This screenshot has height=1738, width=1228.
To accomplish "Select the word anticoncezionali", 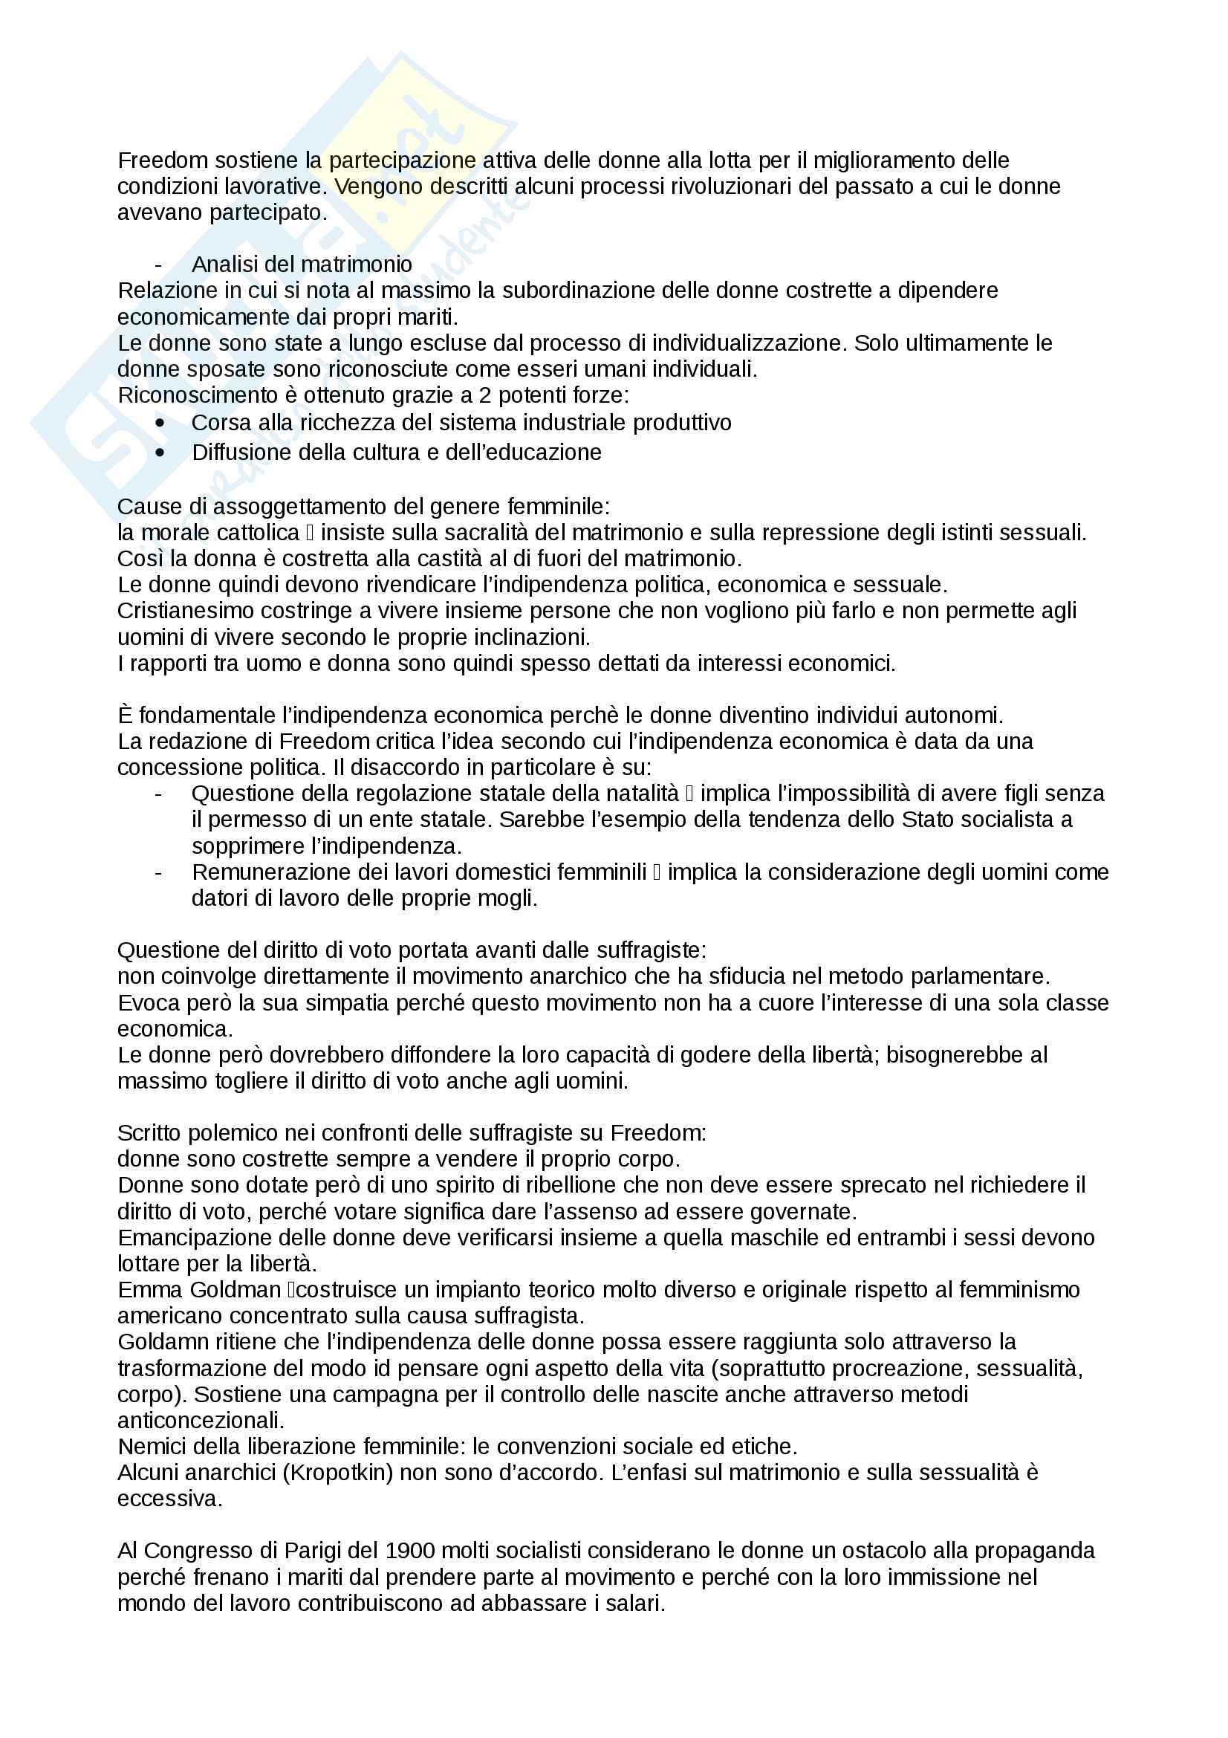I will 200,1420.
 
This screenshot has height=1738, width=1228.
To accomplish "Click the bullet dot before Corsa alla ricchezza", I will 160,422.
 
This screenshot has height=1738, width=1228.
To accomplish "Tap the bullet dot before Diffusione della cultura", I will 160,453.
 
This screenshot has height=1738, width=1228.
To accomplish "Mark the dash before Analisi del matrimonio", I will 158,265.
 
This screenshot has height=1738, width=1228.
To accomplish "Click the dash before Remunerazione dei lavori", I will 158,872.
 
